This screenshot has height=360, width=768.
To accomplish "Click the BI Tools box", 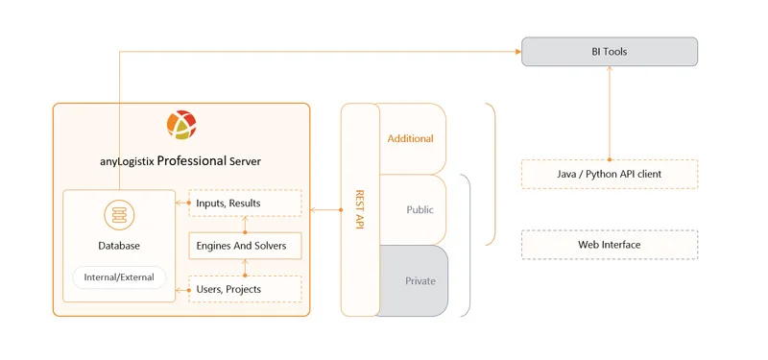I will (609, 52).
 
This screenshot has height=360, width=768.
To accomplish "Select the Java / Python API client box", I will (609, 174).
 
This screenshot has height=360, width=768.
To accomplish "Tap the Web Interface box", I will (609, 245).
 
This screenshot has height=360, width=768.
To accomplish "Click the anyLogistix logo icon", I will (181, 126).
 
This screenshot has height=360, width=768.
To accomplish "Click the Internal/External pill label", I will (119, 278).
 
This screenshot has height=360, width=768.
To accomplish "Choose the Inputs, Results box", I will (245, 203).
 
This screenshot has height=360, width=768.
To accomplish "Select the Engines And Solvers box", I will (245, 246).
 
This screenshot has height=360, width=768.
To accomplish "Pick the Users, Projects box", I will (245, 289).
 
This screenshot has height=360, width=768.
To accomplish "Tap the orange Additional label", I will (410, 138).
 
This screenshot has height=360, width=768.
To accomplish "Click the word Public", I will (420, 209).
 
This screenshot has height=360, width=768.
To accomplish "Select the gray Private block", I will (414, 281).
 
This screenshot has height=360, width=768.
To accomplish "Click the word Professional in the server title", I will (191, 160).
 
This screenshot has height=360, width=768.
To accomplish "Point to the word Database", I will (119, 246).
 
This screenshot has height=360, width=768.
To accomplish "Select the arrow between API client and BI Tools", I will (609, 113).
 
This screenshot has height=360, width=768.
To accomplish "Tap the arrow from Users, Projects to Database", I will (182, 289).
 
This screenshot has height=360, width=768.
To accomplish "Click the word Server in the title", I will (245, 161).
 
